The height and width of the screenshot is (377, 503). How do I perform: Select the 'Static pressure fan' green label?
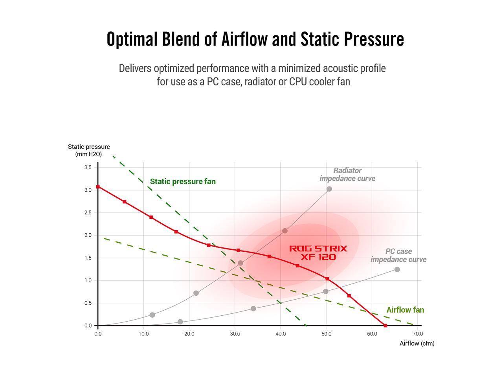pyautogui.click(x=183, y=181)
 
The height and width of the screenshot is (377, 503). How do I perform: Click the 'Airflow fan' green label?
pyautogui.click(x=405, y=310)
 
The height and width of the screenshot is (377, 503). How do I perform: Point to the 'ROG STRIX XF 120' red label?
pyautogui.click(x=318, y=253)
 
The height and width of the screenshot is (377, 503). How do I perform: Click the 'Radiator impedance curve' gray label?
pyautogui.click(x=347, y=174)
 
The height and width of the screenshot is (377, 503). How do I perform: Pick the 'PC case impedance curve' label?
pyautogui.click(x=398, y=255)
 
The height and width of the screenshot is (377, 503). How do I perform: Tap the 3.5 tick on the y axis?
pyautogui.click(x=88, y=167)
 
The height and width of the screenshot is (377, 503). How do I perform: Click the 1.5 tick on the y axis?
pyautogui.click(x=88, y=258)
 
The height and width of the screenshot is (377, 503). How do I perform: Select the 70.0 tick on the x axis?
pyautogui.click(x=417, y=334)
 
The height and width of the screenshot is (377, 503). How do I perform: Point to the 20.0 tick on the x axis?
pyautogui.click(x=189, y=334)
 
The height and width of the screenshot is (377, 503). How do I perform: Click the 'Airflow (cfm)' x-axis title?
pyautogui.click(x=417, y=343)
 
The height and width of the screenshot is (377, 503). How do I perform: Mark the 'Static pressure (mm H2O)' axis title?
pyautogui.click(x=89, y=150)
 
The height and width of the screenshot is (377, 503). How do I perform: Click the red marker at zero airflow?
pyautogui.click(x=98, y=187)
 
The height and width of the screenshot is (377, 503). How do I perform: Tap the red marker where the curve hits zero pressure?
pyautogui.click(x=385, y=326)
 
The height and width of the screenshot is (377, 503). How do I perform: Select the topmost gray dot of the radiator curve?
pyautogui.click(x=329, y=189)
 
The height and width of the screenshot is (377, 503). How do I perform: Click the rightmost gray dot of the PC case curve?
pyautogui.click(x=397, y=269)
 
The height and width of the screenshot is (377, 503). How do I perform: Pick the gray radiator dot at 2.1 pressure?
pyautogui.click(x=285, y=231)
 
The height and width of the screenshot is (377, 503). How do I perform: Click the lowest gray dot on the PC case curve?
pyautogui.click(x=180, y=322)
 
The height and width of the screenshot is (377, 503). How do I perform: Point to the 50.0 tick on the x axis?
pyautogui.click(x=326, y=334)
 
